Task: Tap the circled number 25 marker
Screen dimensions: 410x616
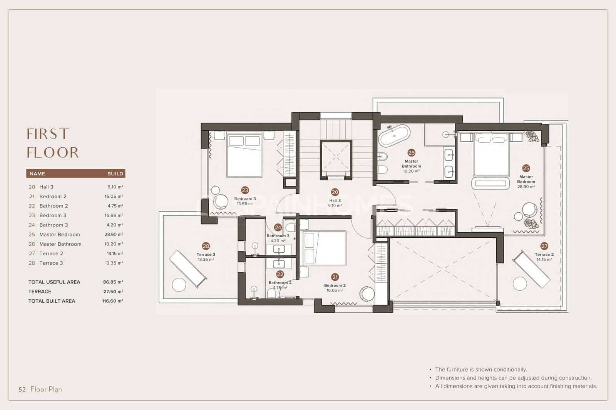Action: click(x=526, y=168)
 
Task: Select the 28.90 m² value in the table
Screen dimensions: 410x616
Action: click(x=115, y=234)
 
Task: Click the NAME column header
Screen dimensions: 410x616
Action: click(x=37, y=173)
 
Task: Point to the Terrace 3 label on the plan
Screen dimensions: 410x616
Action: click(x=206, y=255)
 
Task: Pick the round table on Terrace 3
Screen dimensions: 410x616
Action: click(x=179, y=285)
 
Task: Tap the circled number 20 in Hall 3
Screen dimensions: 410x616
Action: click(x=335, y=192)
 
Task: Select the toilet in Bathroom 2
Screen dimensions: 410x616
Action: click(x=271, y=294)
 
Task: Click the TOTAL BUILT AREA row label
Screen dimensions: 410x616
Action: click(x=52, y=301)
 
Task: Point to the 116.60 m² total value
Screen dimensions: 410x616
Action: click(x=112, y=301)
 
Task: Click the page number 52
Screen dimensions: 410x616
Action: click(x=22, y=389)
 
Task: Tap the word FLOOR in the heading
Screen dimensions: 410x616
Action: click(x=53, y=153)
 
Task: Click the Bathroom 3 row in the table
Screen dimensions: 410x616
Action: click(x=54, y=225)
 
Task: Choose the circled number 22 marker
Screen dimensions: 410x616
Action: click(x=280, y=274)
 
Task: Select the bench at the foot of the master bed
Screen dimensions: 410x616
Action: click(x=490, y=183)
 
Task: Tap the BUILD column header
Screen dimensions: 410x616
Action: click(x=115, y=173)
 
